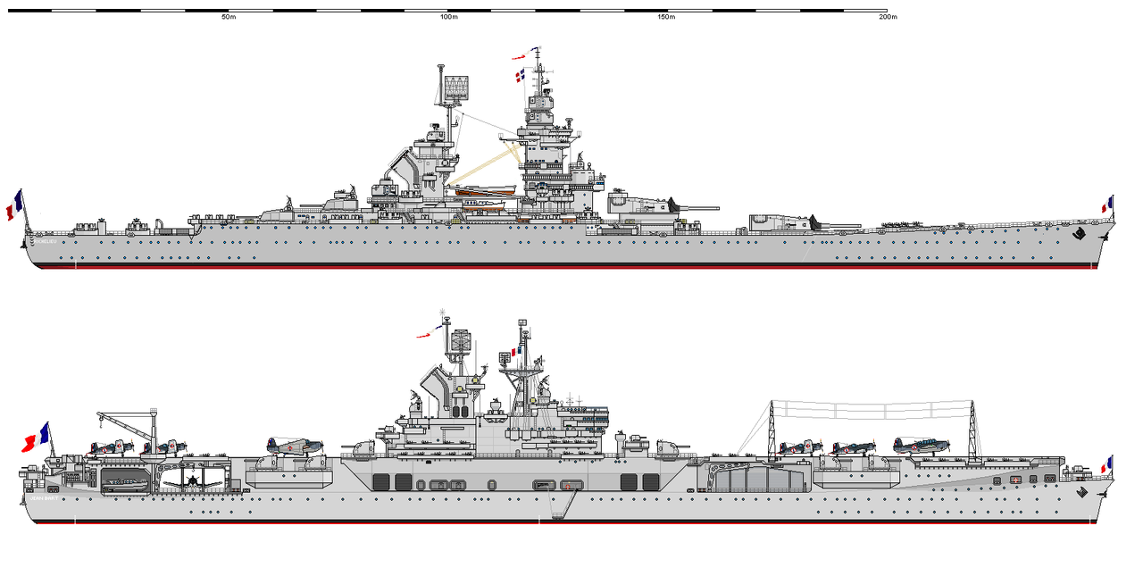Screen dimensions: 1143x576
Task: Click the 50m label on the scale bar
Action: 229,18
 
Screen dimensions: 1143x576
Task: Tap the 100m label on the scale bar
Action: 448,18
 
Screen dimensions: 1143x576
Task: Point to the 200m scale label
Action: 887,18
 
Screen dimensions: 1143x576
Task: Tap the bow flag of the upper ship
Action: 1107,205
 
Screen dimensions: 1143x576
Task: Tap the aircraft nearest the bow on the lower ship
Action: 922,446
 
